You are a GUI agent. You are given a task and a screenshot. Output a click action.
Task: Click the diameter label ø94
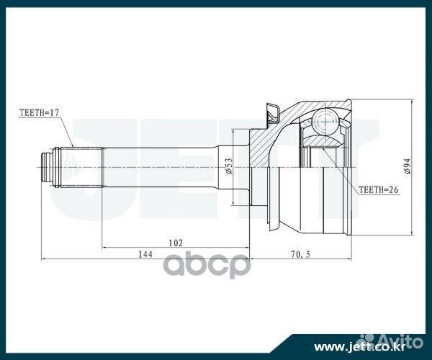click(407, 168)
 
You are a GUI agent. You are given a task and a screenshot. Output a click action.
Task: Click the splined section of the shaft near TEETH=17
click(85, 167)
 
